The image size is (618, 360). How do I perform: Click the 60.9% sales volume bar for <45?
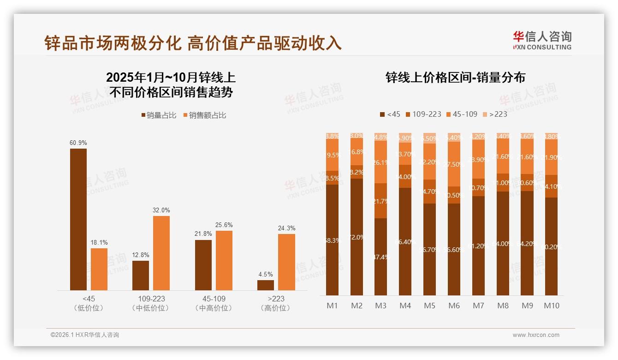click(x=78, y=219)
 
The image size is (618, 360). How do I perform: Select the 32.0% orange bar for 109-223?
click(x=161, y=253)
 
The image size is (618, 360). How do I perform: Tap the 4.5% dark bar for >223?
click(x=266, y=285)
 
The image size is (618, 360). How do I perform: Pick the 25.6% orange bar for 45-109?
click(x=224, y=260)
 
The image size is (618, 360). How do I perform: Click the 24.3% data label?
click(x=287, y=228)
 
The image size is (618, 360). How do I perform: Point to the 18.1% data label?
click(x=99, y=242)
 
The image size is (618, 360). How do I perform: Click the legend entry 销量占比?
click(x=159, y=115)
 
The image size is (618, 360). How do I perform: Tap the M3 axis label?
click(x=380, y=306)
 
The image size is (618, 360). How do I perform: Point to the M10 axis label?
click(x=552, y=306)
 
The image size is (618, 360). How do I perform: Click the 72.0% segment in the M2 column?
click(x=357, y=237)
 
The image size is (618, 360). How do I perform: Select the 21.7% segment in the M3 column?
click(x=380, y=201)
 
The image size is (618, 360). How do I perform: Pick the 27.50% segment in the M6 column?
click(x=454, y=164)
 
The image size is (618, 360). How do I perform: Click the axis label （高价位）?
click(x=275, y=308)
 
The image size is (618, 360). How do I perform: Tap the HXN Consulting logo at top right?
click(x=542, y=41)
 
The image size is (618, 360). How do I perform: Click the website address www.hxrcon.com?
click(x=536, y=335)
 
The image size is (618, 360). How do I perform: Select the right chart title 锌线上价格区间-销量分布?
click(x=455, y=78)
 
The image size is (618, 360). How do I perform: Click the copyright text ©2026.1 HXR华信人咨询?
click(x=85, y=335)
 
